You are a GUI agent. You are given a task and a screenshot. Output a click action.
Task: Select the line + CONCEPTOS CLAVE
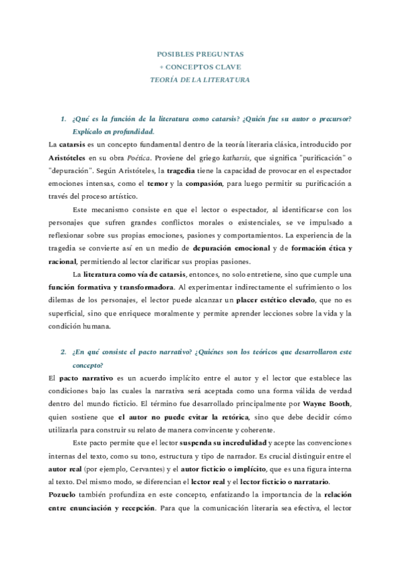coord(200,66)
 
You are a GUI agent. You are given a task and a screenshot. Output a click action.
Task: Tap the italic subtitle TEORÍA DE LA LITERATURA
coord(200,80)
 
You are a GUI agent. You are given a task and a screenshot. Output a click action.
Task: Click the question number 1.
coord(63,119)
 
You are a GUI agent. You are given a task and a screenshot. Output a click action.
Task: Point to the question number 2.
coord(63,352)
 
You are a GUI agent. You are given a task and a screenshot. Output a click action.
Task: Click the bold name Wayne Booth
coord(325,404)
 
